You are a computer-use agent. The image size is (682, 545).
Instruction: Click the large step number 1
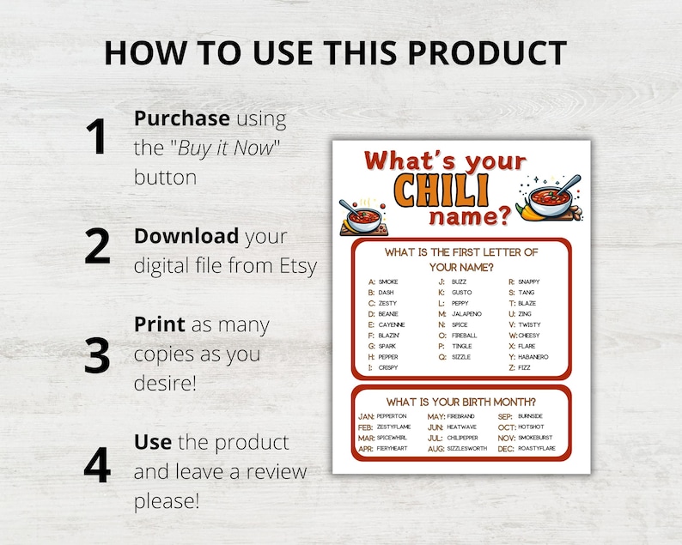96,138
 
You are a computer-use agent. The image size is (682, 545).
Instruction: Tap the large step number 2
97,246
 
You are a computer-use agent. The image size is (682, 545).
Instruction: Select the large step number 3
97,354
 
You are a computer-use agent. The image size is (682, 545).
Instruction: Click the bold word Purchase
181,118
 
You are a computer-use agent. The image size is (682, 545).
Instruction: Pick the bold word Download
186,236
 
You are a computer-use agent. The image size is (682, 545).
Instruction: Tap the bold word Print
159,325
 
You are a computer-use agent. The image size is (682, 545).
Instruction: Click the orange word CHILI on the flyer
441,189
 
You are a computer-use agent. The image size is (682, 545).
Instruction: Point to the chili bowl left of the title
362,215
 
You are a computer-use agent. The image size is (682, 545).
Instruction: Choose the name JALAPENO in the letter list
466,314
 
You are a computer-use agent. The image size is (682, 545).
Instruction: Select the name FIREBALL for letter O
464,336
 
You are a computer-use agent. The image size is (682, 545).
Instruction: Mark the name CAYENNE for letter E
391,325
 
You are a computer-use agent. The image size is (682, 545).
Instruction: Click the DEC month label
506,448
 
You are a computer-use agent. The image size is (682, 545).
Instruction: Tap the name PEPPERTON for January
392,415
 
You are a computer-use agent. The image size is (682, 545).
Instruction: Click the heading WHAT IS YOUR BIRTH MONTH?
461,401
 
